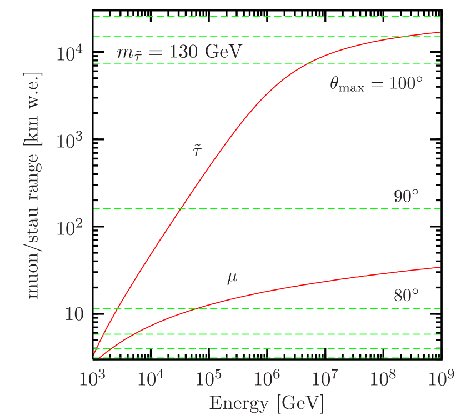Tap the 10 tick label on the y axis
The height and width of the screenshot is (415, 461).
[x=74, y=314]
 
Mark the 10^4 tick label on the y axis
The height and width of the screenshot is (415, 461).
[x=71, y=54]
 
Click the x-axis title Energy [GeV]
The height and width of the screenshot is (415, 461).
[x=266, y=403]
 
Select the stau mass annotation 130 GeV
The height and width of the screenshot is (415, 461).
[x=179, y=53]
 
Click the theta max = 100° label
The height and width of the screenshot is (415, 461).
[x=376, y=84]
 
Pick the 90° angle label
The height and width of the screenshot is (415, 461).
[x=406, y=197]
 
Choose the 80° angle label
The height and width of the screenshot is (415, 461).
[x=406, y=296]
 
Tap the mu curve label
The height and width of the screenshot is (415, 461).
[x=232, y=278]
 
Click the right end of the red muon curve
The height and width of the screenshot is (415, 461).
[x=440, y=267]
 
